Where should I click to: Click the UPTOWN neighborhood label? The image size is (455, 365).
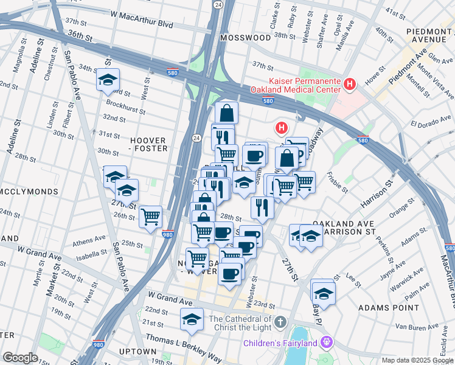137,352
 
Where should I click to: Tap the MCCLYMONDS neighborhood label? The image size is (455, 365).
29,192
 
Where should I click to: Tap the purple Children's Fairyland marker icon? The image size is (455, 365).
327,343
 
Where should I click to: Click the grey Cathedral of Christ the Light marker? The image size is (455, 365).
280,320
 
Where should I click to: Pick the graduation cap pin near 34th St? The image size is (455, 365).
108,80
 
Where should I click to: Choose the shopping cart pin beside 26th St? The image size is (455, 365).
150,215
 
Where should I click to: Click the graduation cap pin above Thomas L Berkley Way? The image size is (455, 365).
192,319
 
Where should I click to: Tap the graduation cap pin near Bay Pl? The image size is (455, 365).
324,291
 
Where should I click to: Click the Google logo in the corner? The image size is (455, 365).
20,358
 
